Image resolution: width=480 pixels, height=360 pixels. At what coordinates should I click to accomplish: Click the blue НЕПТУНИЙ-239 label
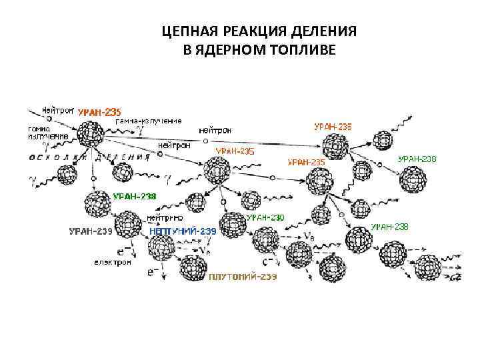click(183, 231)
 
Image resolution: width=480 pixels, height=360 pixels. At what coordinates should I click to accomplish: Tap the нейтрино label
click(165, 217)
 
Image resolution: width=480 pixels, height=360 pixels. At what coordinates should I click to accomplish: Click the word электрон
click(113, 262)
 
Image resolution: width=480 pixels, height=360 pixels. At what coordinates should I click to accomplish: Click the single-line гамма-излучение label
click(148, 121)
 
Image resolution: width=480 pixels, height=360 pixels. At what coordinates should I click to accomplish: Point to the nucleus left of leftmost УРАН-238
click(97, 201)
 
